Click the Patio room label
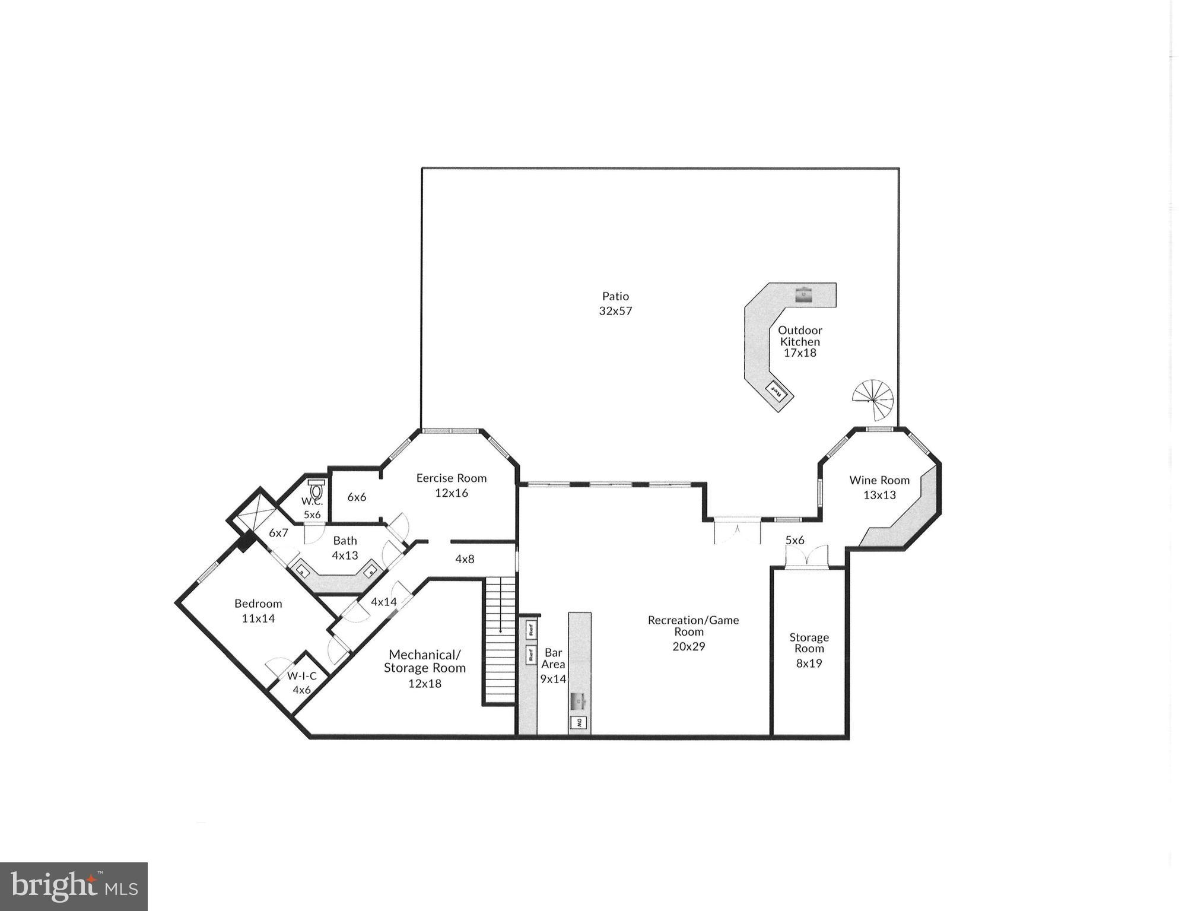coord(615,296)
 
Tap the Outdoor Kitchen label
coord(799,336)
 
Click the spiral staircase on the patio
coord(873,398)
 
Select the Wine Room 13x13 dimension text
coord(879,495)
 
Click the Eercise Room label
coord(451,478)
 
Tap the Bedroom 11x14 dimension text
coord(258,618)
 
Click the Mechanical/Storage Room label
coord(424,661)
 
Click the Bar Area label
coord(552,658)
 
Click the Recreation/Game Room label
coord(692,626)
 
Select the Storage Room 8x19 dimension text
coord(808,664)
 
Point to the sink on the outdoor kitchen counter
coord(803,294)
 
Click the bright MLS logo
coord(74,886)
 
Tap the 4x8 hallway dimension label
coord(464,559)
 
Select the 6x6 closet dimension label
coord(356,497)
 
